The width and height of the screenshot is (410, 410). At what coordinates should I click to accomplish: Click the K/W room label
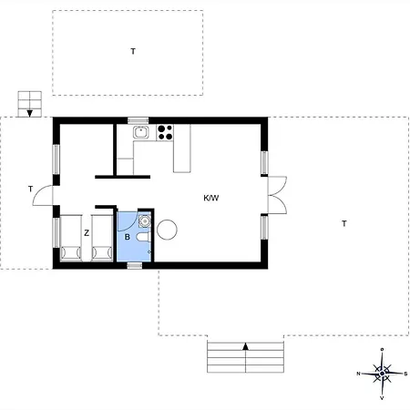click(x=211, y=198)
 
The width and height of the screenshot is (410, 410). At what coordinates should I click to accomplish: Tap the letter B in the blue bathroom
click(x=128, y=237)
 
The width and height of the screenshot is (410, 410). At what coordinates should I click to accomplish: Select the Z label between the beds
click(x=87, y=233)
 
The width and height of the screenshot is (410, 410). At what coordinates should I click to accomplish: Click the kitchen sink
click(x=141, y=132)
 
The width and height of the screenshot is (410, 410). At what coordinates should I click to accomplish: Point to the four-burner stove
click(x=165, y=132)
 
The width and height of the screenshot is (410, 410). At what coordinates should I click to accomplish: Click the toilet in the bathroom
click(x=143, y=237)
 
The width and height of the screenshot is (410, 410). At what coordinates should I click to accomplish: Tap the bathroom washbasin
click(x=145, y=220)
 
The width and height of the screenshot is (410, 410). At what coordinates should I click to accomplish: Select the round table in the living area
click(x=167, y=230)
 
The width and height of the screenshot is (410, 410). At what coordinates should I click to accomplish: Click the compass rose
click(x=382, y=374)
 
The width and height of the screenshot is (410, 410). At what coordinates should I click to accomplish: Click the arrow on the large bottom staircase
click(x=246, y=346)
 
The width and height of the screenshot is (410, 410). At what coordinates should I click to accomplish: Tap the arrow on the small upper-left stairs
click(x=30, y=113)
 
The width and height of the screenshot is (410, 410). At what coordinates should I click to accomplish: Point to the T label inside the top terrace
click(x=133, y=52)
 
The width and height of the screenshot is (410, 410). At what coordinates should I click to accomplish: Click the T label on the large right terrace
click(x=344, y=224)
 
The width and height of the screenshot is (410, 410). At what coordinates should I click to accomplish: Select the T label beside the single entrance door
click(x=30, y=190)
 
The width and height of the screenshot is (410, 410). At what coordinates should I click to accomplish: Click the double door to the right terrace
click(x=277, y=195)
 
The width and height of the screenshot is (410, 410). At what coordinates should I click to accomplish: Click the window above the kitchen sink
click(x=138, y=120)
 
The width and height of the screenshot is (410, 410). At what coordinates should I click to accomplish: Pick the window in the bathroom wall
click(x=135, y=266)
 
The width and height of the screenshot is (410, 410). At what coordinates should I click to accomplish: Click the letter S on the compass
click(x=405, y=374)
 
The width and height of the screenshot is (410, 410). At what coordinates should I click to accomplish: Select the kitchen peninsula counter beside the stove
click(x=182, y=149)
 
